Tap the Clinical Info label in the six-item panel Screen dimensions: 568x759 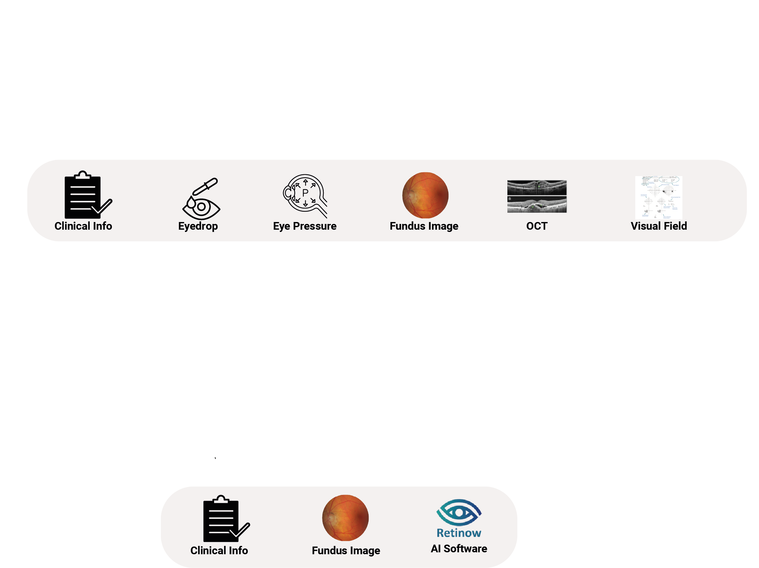pyautogui.click(x=83, y=226)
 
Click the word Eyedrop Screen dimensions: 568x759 pyautogui.click(x=198, y=226)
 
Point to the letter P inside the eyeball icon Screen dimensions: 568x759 pyautogui.click(x=305, y=193)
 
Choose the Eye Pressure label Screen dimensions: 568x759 pyautogui.click(x=305, y=226)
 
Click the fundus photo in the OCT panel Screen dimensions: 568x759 pyautogui.click(x=425, y=195)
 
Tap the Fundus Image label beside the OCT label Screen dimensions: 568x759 pyautogui.click(x=424, y=226)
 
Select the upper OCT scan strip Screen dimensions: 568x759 pyautogui.click(x=537, y=187)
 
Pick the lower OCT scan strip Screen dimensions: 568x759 pyautogui.click(x=537, y=205)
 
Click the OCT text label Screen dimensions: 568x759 pyautogui.click(x=537, y=226)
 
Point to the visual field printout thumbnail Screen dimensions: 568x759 pyautogui.click(x=658, y=198)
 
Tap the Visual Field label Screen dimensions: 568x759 pyautogui.click(x=659, y=226)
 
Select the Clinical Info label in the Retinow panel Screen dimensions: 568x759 pyautogui.click(x=219, y=550)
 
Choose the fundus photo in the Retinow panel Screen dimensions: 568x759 pyautogui.click(x=345, y=518)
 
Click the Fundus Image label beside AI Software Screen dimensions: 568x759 pyautogui.click(x=346, y=550)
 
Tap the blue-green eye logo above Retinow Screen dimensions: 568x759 pyautogui.click(x=459, y=513)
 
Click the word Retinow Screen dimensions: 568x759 pyautogui.click(x=459, y=533)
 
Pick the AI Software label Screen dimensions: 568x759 pyautogui.click(x=459, y=549)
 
